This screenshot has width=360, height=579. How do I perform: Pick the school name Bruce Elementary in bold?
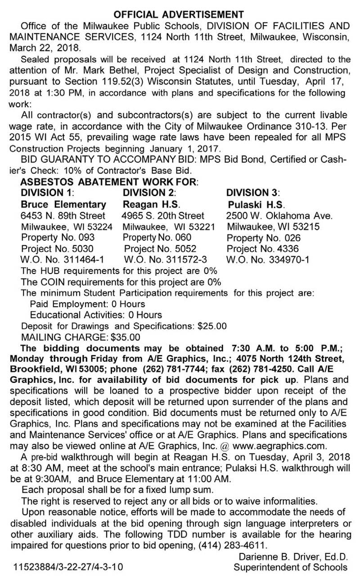(63, 205)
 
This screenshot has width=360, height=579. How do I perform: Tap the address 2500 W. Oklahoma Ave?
(279, 216)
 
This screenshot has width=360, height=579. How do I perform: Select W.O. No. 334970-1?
(268, 260)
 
